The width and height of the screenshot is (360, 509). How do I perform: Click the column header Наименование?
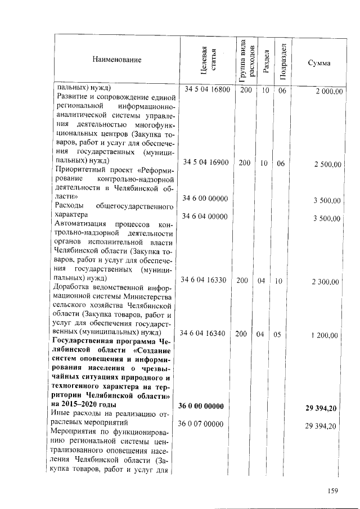[x=118, y=59]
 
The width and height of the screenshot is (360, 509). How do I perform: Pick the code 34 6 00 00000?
[x=206, y=199]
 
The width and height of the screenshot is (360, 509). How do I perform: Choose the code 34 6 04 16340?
[x=206, y=334]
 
